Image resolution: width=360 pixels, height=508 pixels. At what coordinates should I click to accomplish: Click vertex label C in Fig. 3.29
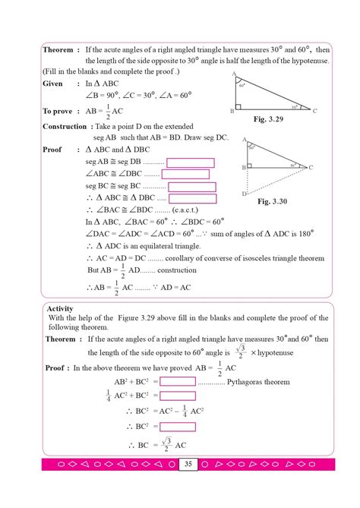314,111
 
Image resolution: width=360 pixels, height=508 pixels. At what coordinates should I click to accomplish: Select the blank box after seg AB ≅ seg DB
191,162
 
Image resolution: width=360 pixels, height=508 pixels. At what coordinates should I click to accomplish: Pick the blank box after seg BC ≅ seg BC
192,186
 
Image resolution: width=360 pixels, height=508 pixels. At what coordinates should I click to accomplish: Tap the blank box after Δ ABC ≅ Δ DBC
194,198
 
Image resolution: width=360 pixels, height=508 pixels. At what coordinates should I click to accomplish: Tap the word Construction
65,126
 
